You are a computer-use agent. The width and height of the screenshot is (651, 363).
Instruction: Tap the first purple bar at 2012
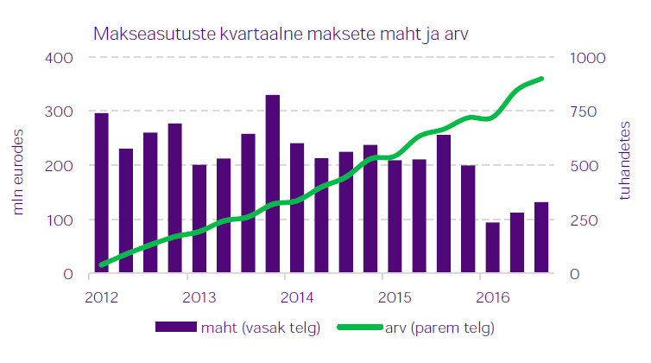click(101, 194)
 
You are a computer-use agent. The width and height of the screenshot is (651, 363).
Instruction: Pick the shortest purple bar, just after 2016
click(492, 248)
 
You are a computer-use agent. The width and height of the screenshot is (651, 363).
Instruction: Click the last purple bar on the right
click(541, 238)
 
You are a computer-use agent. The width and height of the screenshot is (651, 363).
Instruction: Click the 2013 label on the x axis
click(199, 297)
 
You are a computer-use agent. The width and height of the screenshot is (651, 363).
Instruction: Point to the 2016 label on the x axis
click(491, 297)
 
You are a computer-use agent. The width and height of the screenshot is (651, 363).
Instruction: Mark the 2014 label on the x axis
click(296, 297)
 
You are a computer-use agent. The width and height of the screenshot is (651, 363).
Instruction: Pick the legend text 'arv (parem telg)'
click(439, 328)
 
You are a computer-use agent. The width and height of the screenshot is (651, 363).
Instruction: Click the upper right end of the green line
click(541, 79)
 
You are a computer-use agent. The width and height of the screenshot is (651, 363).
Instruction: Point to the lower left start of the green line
click(102, 264)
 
